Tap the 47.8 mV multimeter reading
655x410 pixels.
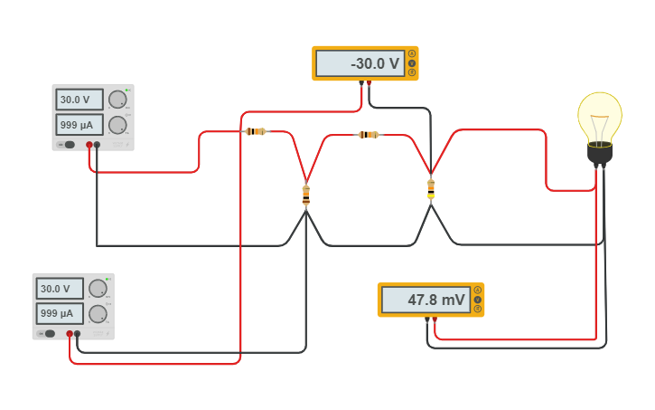click(425, 300)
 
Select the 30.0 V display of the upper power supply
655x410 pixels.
click(80, 100)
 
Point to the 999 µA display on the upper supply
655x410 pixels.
click(80, 124)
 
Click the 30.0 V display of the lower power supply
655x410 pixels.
click(60, 289)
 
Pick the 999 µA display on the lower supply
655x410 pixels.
click(60, 313)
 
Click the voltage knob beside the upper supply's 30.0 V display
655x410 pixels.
click(117, 100)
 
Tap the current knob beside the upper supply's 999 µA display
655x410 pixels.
click(117, 124)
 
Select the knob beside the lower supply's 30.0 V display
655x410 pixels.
click(98, 289)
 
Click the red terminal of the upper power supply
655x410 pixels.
click(89, 145)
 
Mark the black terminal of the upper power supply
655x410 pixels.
click(97, 145)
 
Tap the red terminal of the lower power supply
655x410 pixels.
click(70, 334)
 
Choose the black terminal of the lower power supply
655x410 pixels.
click(77, 334)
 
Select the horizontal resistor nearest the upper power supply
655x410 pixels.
click(256, 131)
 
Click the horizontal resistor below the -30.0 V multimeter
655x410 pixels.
click(368, 135)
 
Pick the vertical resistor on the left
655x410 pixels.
click(305, 195)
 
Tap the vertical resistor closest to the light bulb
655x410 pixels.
click(431, 188)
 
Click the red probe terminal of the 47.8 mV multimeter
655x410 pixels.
click(435, 319)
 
